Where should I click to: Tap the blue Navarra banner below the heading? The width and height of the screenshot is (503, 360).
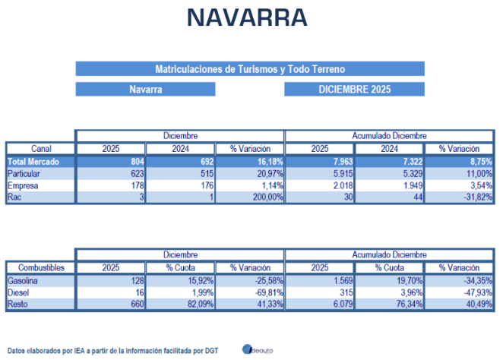click(145, 90)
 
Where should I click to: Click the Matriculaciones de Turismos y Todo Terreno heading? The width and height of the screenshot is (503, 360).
click(250, 68)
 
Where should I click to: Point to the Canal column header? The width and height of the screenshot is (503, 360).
click(40, 149)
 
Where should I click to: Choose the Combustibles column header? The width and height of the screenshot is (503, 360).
click(40, 268)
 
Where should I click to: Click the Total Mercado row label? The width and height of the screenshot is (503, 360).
click(31, 162)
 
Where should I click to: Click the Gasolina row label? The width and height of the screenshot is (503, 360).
click(23, 281)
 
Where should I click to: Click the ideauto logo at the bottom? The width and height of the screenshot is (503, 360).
click(258, 349)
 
